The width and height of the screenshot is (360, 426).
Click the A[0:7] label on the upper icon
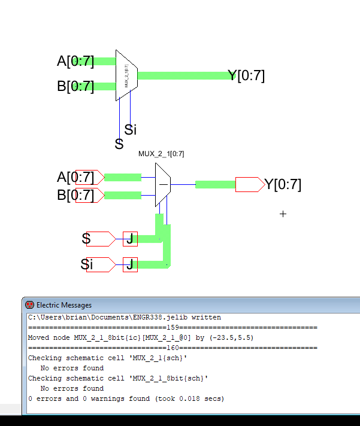click(75, 61)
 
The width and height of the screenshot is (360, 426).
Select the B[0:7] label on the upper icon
click(75, 86)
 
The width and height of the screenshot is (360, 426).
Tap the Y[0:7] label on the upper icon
click(246, 75)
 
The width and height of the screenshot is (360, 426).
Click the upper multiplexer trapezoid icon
click(126, 76)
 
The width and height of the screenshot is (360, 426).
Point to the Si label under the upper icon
click(131, 129)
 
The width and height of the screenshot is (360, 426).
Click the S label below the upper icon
click(119, 144)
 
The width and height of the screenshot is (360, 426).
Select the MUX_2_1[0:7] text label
click(161, 154)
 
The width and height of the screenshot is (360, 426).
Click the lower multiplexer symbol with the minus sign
click(163, 184)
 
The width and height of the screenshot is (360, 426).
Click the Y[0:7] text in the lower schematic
click(283, 184)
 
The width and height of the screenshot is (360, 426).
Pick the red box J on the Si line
click(130, 264)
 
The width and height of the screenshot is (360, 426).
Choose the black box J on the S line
click(130, 239)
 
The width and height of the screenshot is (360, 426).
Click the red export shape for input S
click(101, 239)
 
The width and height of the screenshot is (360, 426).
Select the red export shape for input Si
click(101, 264)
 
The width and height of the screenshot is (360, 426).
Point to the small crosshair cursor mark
click(283, 214)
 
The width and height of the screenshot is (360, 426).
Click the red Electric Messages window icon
click(29, 305)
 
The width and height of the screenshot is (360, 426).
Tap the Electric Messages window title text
click(64, 305)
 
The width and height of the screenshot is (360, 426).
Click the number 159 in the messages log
click(173, 327)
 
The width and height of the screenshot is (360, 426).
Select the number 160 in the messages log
click(173, 348)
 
